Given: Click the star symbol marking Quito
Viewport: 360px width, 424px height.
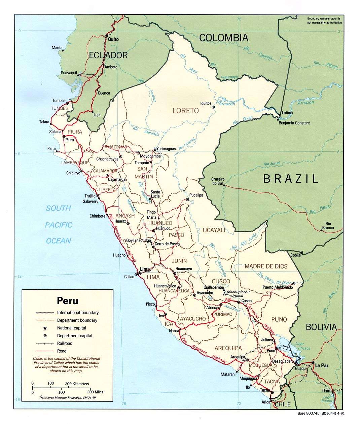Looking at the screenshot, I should [107, 35].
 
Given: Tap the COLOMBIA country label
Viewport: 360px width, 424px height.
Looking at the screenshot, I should [224, 38].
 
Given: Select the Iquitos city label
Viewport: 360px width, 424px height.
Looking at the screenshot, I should [206, 103].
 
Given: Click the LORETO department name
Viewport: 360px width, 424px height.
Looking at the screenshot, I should [186, 110].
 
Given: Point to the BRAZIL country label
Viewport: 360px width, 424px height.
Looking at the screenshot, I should [291, 179].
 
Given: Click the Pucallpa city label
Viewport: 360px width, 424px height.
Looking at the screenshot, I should [196, 195].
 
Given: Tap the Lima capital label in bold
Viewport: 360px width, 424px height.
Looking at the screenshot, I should [145, 269].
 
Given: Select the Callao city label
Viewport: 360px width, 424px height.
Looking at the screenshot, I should [129, 277].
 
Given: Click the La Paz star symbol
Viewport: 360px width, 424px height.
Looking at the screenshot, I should [313, 362].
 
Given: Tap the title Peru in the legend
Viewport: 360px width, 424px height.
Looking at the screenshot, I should [67, 300].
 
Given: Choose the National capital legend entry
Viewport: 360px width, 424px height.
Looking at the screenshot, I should [71, 328].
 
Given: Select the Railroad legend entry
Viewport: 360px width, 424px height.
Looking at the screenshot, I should [65, 343].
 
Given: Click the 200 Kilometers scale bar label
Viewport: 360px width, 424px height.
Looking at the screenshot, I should [77, 384].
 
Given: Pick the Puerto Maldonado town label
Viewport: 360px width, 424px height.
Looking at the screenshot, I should [278, 287].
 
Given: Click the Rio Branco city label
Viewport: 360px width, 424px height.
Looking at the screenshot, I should [328, 226].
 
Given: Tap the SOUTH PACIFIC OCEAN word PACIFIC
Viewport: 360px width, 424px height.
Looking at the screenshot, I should [59, 225].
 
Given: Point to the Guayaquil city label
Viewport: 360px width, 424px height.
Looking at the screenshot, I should [69, 73].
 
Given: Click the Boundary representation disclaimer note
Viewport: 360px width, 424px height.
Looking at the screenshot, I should [324, 20].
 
